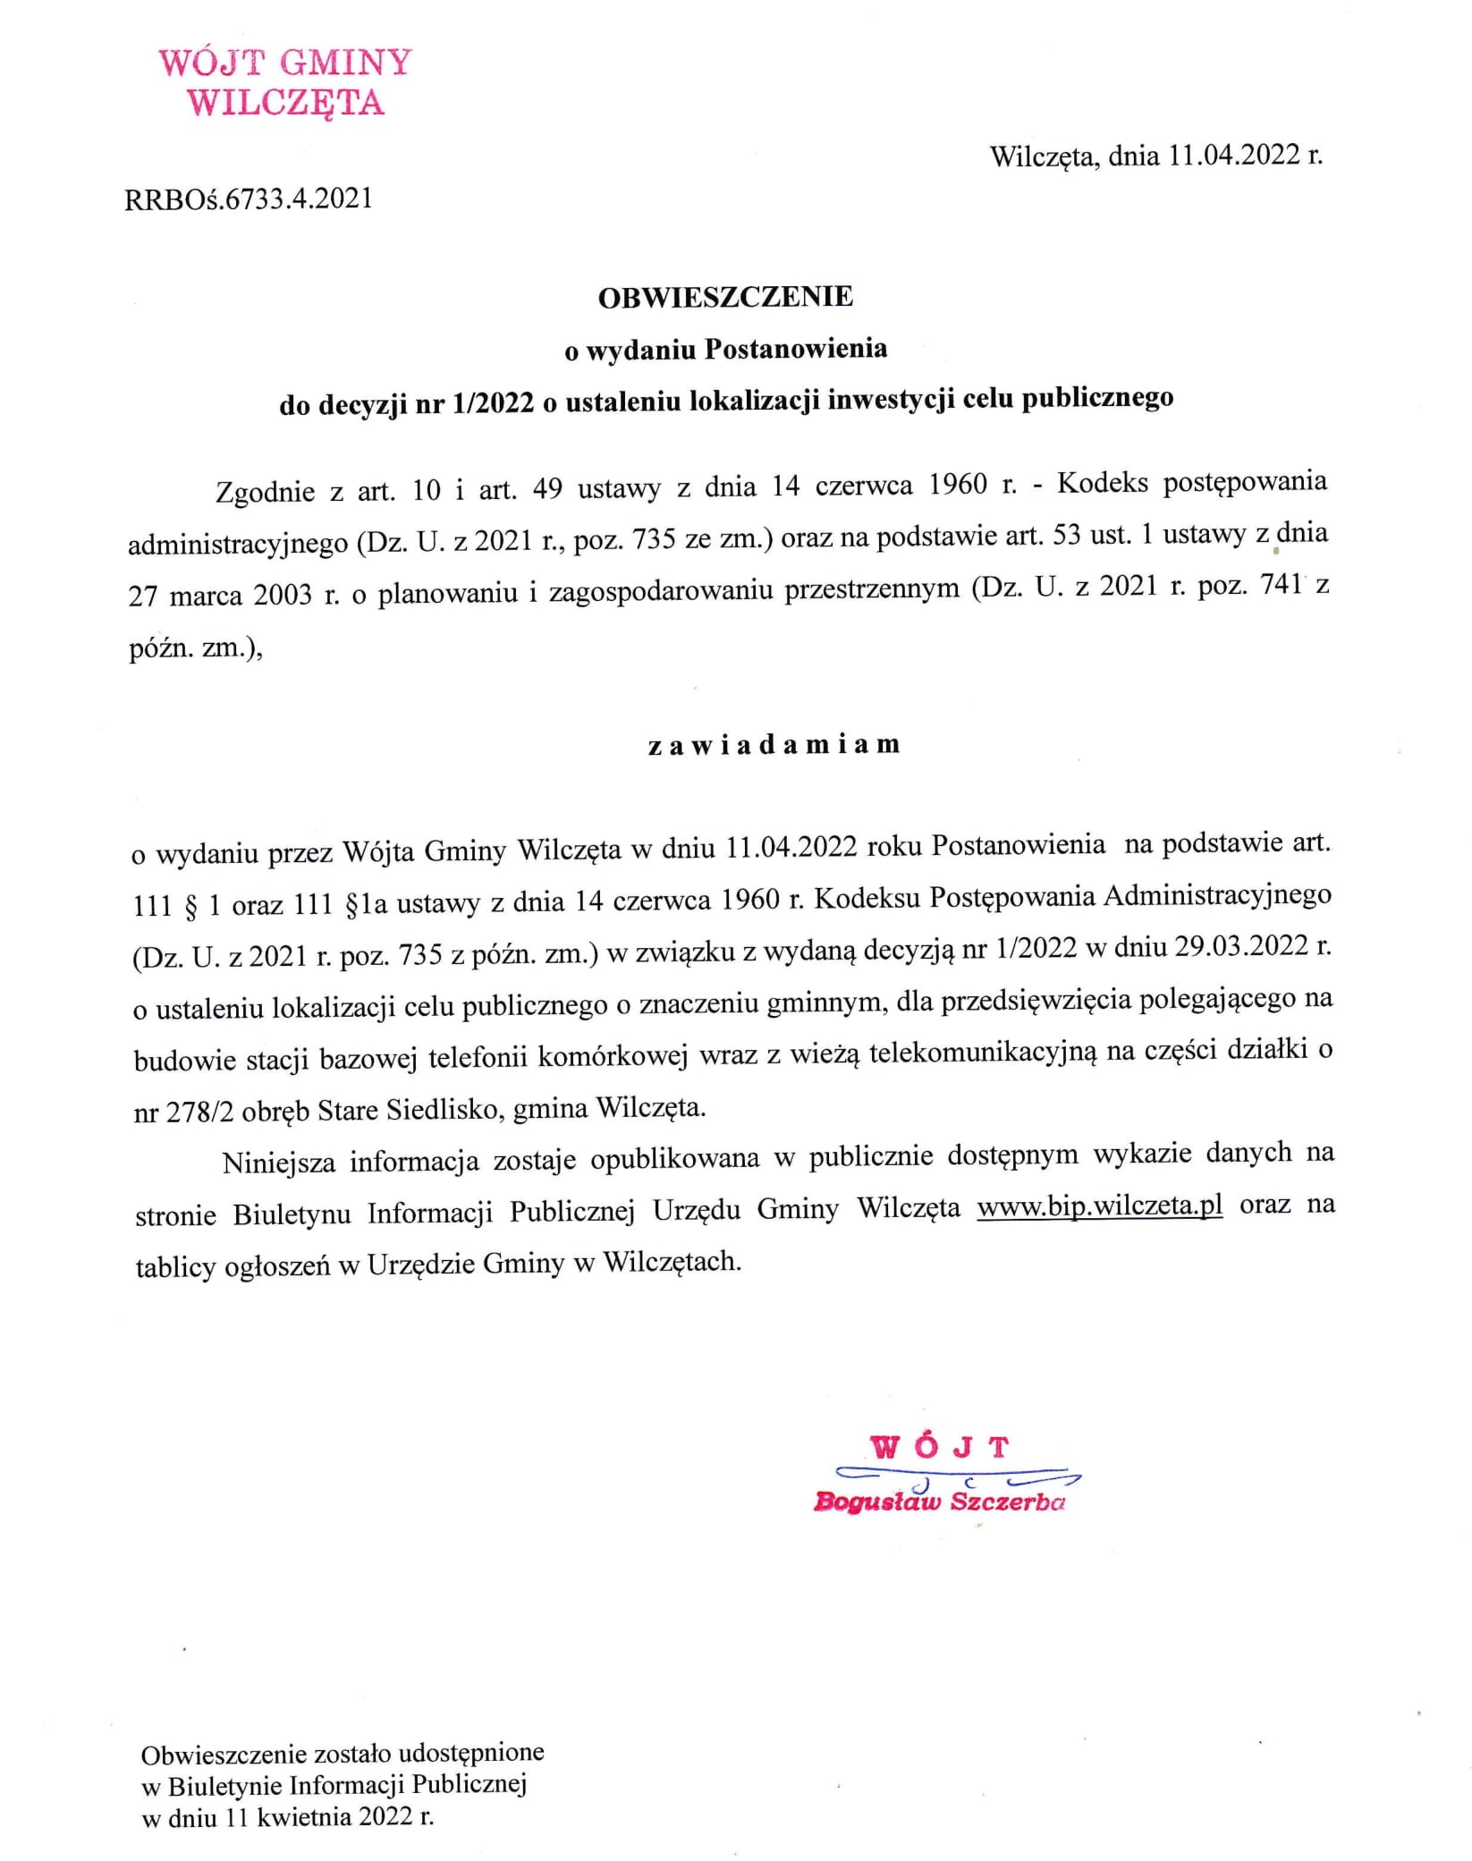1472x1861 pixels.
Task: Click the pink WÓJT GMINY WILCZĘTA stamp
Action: (x=284, y=82)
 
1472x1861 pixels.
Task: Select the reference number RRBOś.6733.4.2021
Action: (x=249, y=199)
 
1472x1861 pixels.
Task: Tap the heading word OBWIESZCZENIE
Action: (x=725, y=297)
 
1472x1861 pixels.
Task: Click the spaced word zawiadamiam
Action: (x=774, y=745)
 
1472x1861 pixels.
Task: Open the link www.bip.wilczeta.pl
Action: (x=1099, y=1206)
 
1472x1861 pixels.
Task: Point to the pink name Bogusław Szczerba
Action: (x=939, y=1501)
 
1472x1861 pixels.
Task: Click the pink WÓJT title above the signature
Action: (x=940, y=1447)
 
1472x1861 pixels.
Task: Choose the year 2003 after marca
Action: (x=283, y=595)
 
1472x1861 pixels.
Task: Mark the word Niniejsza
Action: (x=279, y=1162)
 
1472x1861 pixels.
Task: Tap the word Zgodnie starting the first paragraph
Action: (x=265, y=492)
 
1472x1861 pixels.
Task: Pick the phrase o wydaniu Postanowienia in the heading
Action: (x=725, y=350)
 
